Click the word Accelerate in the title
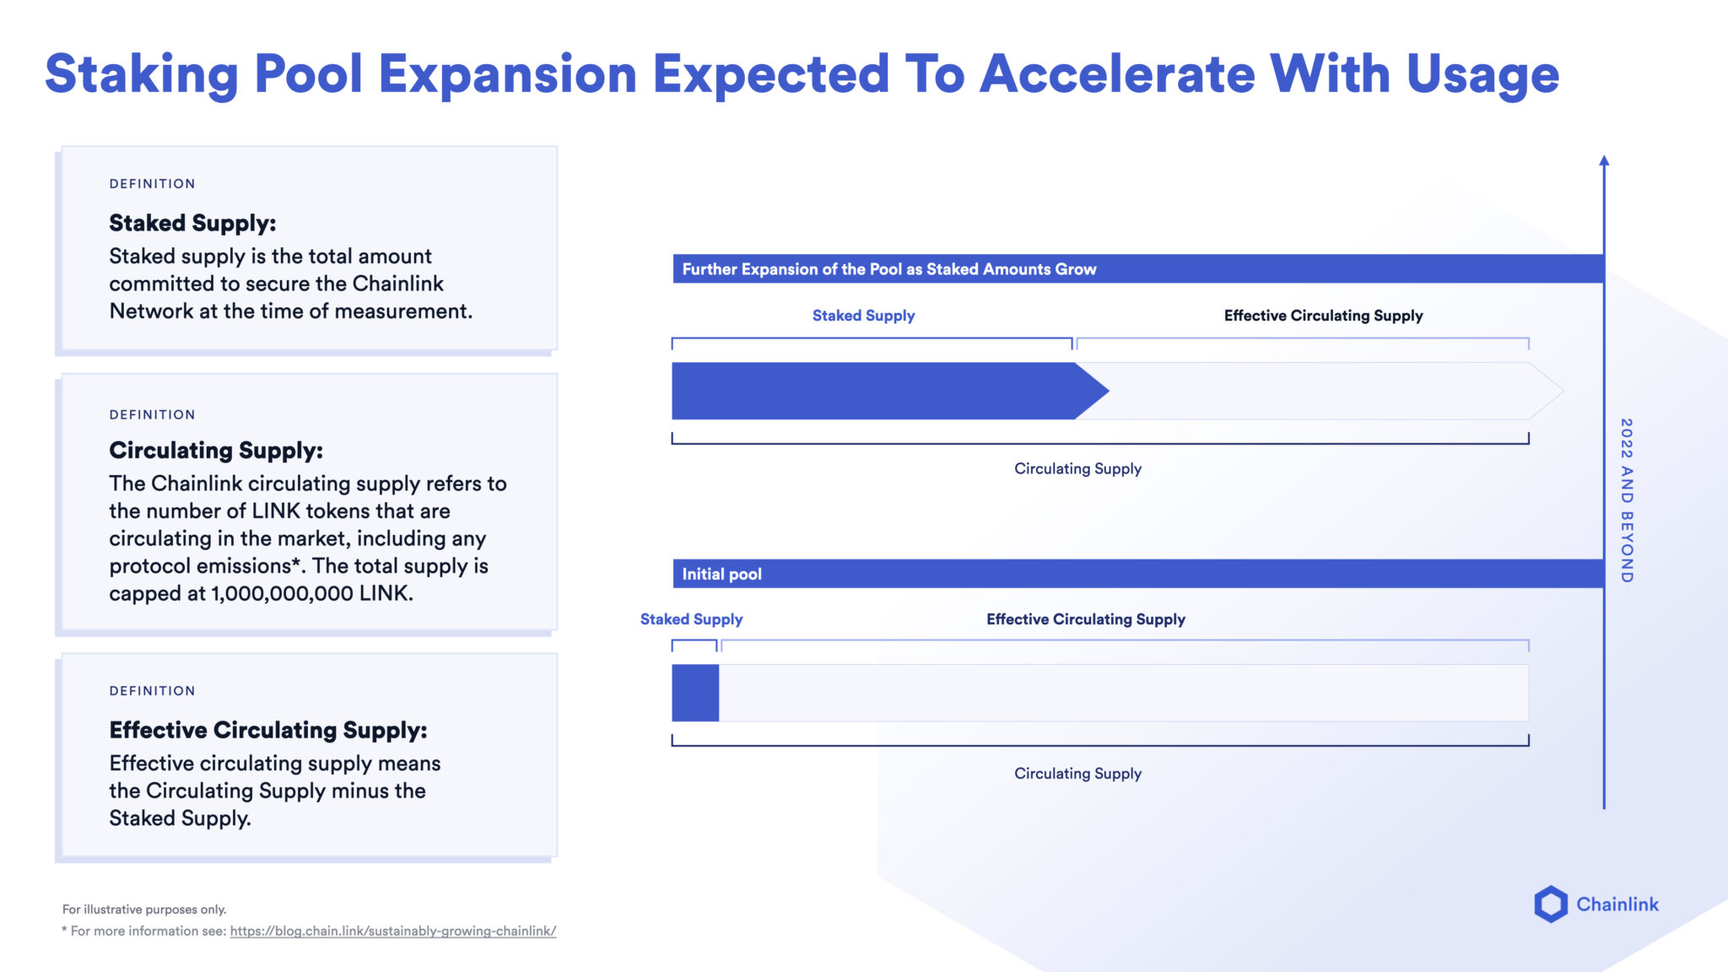pos(1116,74)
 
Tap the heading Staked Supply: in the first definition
pos(192,223)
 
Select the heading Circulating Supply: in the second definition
pos(216,451)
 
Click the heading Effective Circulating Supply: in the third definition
pos(268,730)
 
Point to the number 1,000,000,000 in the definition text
pos(282,593)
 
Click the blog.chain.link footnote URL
pos(392,931)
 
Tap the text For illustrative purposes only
pos(144,910)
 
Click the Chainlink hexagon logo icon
pos(1550,904)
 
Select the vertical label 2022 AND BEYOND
pos(1627,500)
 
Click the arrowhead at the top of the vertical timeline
pos(1604,160)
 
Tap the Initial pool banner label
pos(721,575)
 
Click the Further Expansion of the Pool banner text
pos(888,269)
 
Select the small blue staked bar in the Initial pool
pos(694,693)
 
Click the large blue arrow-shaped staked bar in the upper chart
pos(877,391)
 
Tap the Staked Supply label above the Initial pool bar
pos(691,619)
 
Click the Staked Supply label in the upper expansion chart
pos(863,316)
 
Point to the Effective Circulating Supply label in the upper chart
pos(1323,316)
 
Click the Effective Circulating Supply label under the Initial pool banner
pos(1085,619)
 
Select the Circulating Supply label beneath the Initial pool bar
pos(1077,774)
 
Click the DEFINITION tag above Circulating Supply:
pos(152,415)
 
